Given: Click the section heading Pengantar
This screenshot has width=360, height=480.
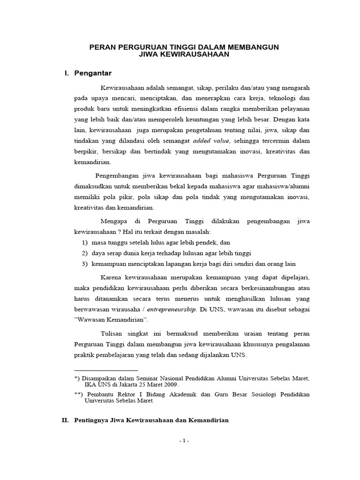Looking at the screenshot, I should (93, 73).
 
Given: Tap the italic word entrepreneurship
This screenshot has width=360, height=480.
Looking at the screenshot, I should (172, 309).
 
